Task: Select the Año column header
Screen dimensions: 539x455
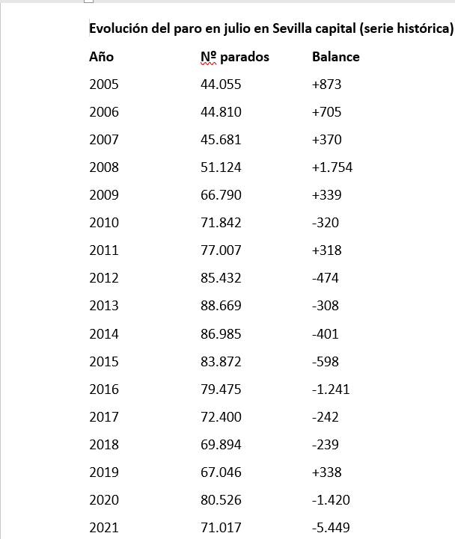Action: pos(101,57)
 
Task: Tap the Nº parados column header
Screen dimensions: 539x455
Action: pos(235,57)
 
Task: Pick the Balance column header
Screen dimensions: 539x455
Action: pos(335,57)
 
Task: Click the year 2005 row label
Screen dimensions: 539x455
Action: pos(103,84)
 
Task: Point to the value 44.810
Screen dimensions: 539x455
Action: pos(221,112)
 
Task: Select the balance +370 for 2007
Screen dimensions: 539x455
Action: pos(326,140)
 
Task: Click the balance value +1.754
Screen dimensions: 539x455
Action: pos(332,167)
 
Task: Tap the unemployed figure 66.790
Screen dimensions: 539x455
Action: pos(221,195)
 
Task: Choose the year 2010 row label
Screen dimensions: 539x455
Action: pos(103,223)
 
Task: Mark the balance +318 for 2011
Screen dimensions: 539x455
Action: pos(326,250)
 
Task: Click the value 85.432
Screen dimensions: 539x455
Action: pos(221,278)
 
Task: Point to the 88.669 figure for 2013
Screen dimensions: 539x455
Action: pos(221,306)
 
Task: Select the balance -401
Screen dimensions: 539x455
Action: pos(325,333)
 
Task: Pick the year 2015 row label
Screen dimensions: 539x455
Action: pos(103,361)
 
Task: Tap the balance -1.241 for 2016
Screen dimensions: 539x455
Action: pos(331,389)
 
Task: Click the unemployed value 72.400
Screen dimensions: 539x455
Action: pos(221,416)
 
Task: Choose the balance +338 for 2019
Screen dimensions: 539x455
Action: pos(326,472)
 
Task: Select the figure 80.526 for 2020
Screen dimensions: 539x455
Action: pos(221,500)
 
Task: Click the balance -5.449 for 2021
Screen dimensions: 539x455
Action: pos(331,528)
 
